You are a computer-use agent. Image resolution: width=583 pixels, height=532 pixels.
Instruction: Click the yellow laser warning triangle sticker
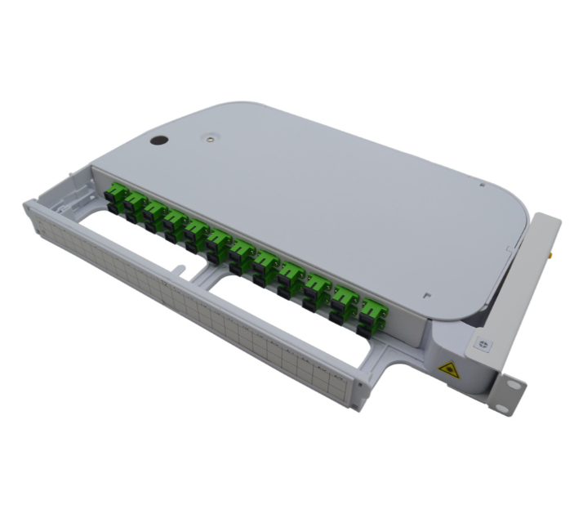(449, 369)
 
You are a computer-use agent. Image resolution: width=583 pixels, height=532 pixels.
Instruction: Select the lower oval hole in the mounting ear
(512, 400)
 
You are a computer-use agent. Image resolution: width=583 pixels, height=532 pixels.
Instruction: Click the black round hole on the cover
(158, 140)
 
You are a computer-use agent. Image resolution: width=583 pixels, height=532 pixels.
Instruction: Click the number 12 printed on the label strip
(166, 283)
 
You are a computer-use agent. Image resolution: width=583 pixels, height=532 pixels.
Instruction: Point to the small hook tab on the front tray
(178, 266)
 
